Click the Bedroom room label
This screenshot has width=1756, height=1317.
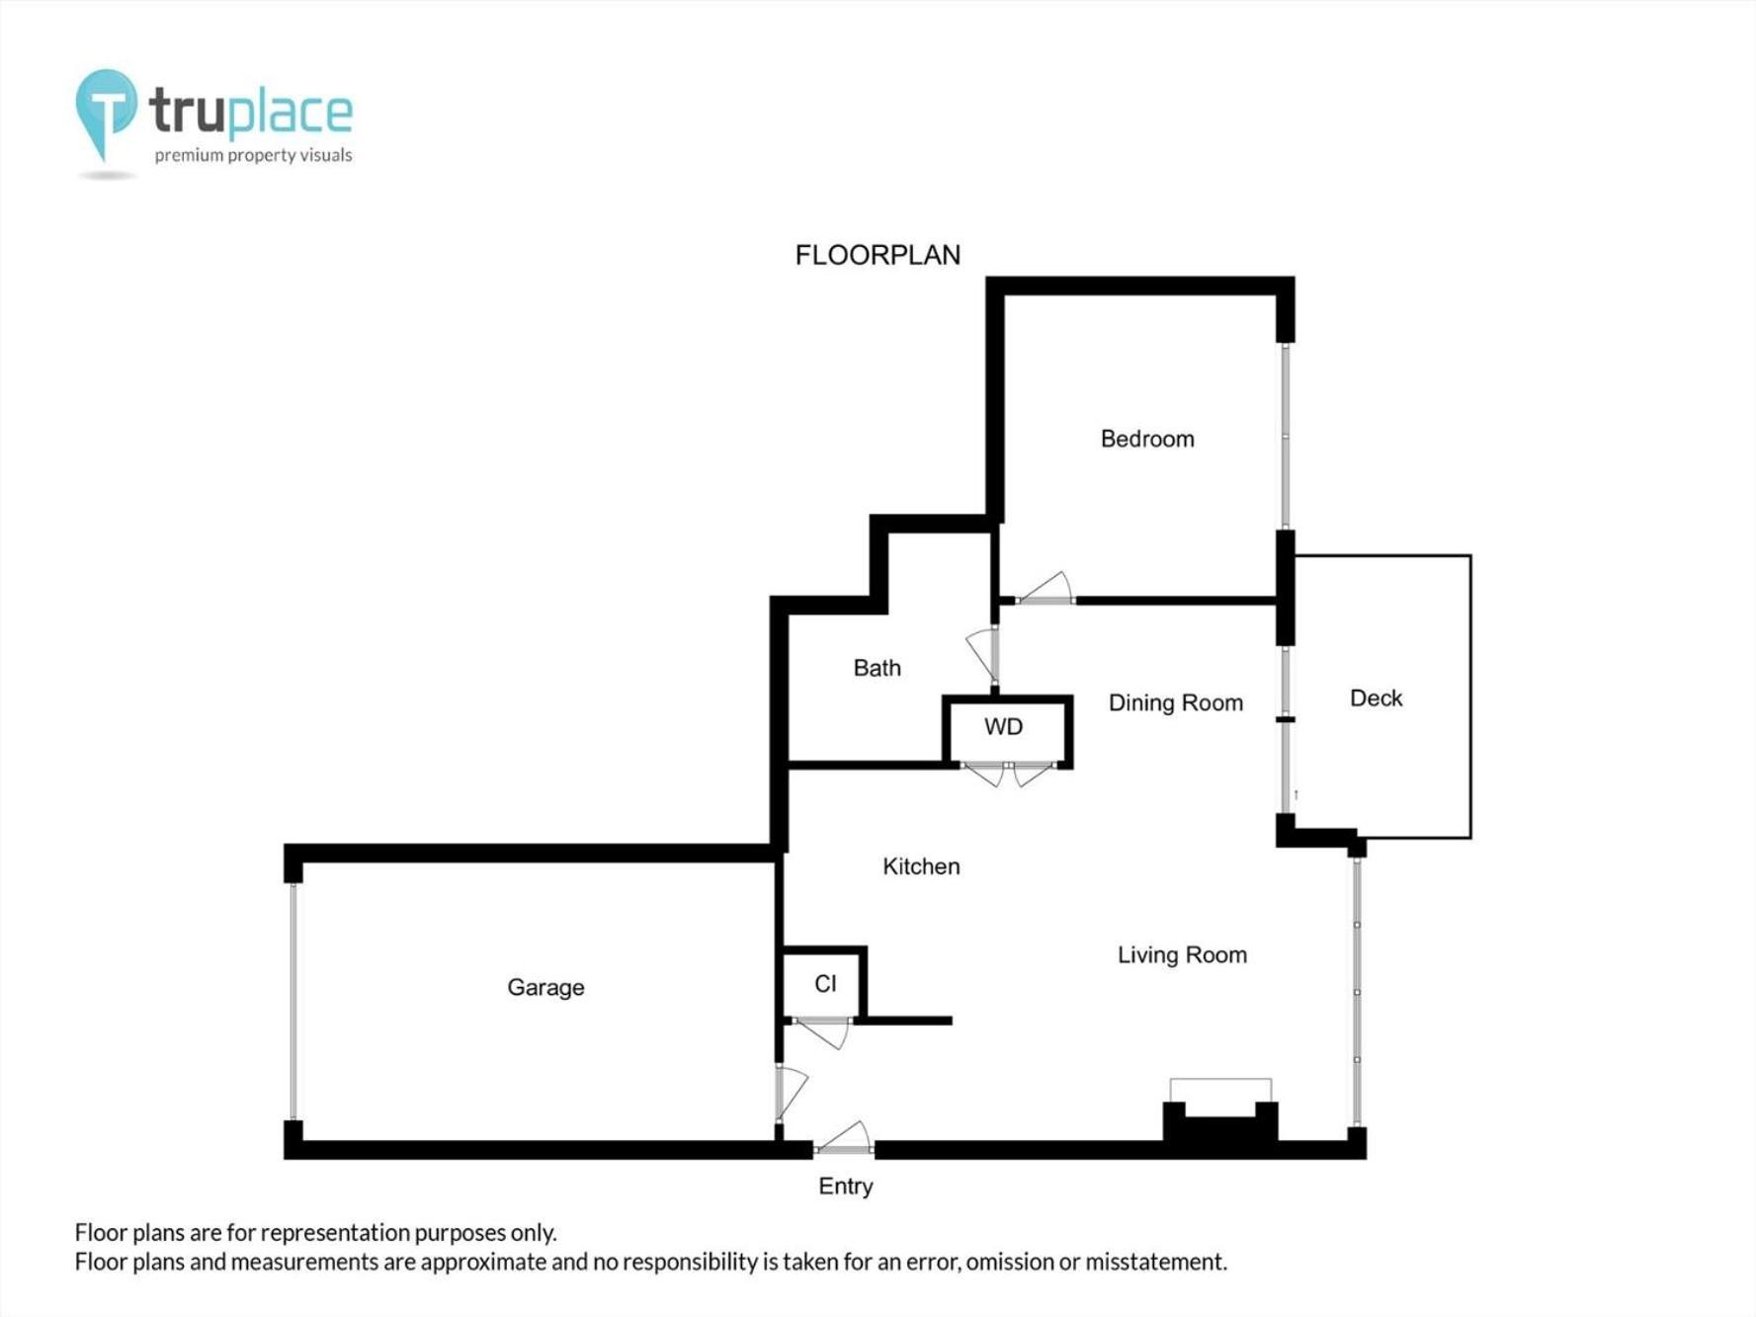click(x=1147, y=439)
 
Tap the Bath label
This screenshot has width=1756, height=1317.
click(x=877, y=668)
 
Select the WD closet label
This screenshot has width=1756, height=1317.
click(x=1003, y=727)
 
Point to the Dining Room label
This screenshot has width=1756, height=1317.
click(x=1175, y=702)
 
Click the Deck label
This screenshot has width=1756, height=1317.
click(x=1376, y=699)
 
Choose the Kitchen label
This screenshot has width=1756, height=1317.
click(x=921, y=866)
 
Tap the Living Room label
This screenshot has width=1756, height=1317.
click(x=1182, y=954)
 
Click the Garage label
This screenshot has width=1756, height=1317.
click(x=545, y=987)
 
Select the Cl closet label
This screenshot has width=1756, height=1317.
click(x=825, y=984)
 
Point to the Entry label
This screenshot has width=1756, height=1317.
click(x=846, y=1187)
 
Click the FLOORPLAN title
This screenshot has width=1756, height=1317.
click(x=878, y=255)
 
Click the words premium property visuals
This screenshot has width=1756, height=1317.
click(x=253, y=155)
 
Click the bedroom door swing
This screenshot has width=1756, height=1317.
click(x=1045, y=588)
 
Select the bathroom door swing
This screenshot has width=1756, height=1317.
click(x=983, y=654)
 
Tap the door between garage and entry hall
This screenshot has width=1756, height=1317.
click(x=791, y=1093)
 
